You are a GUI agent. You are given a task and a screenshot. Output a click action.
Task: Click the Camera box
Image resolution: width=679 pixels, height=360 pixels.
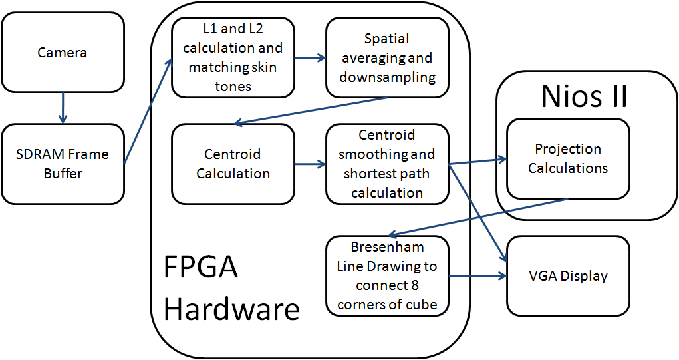[63, 52]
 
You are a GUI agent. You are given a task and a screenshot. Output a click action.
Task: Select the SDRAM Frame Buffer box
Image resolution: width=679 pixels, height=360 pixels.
[63, 164]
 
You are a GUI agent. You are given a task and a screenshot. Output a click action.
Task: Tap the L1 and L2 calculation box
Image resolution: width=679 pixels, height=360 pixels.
[233, 57]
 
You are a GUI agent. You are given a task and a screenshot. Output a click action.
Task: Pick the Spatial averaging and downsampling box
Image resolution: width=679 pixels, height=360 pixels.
[387, 57]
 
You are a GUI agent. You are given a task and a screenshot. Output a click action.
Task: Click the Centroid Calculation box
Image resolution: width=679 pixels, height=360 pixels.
[233, 164]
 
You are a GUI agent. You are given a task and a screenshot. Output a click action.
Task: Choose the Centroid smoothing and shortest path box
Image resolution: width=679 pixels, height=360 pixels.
[387, 164]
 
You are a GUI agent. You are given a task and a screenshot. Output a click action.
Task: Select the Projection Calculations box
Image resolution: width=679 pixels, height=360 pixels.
[568, 158]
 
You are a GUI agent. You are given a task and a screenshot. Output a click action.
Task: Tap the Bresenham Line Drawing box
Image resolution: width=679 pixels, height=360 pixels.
[387, 276]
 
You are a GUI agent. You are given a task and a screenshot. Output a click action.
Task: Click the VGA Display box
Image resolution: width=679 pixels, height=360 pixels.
[568, 276]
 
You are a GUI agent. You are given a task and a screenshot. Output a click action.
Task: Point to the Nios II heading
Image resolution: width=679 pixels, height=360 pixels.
[584, 96]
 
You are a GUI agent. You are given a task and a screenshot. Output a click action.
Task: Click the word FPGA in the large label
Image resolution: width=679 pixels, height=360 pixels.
[200, 267]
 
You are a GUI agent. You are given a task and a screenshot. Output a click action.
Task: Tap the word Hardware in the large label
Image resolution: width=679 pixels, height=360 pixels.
[231, 309]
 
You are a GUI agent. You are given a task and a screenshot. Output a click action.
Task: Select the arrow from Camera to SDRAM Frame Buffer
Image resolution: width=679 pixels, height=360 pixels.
[63, 108]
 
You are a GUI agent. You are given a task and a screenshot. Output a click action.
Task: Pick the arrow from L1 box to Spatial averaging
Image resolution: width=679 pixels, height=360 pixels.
[310, 57]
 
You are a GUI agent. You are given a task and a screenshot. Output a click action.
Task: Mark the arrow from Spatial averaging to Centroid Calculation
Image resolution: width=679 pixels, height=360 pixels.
[310, 111]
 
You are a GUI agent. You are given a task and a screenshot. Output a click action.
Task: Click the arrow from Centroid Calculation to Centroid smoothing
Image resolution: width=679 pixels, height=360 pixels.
[310, 164]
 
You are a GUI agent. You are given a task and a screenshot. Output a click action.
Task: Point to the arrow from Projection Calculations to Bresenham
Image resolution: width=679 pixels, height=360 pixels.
[478, 218]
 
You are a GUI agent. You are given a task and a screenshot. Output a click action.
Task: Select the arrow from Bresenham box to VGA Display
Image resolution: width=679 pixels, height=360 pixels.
[477, 276]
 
